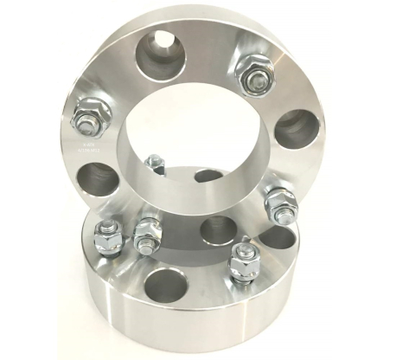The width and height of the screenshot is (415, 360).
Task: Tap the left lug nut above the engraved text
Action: point(90,112)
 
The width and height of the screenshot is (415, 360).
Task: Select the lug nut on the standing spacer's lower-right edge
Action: point(280,203)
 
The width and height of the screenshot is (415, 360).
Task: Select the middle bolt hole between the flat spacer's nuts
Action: point(218,230)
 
